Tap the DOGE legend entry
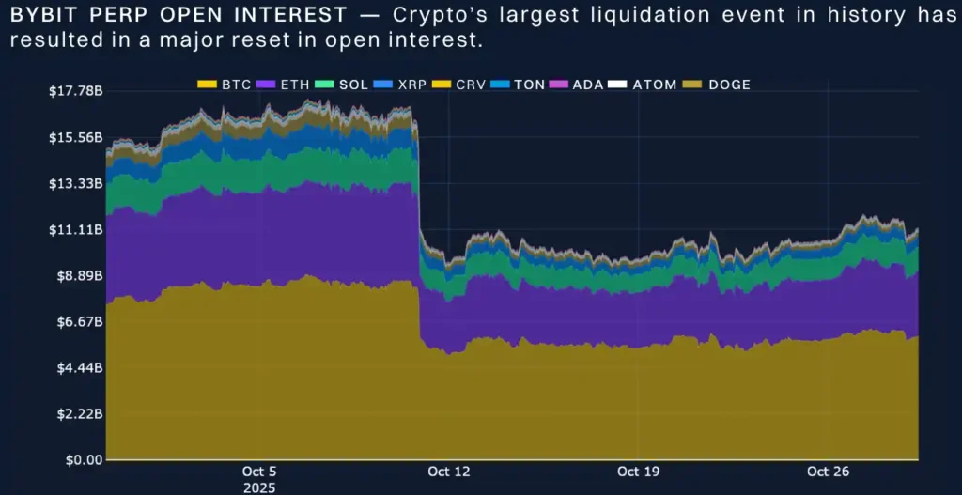pos(729,85)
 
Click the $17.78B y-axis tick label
pos(74,91)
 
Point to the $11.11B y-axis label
pos(74,230)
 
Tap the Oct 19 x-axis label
pos(638,472)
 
